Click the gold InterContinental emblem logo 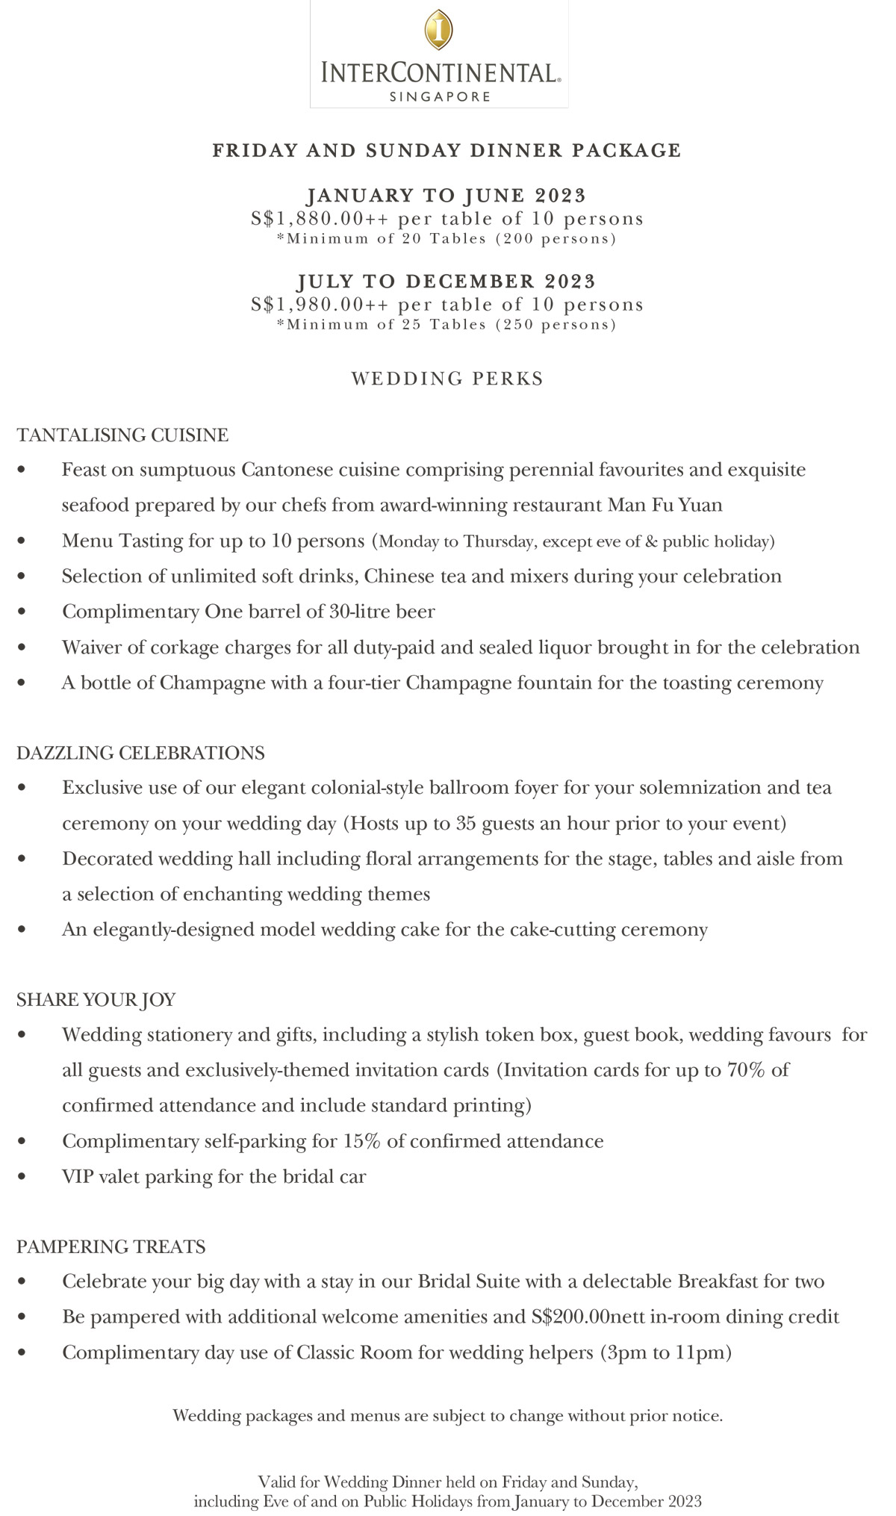coord(438,30)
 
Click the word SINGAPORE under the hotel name coord(440,96)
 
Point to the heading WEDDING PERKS coord(447,379)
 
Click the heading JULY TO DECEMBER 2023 coord(447,282)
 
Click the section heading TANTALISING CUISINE coord(122,435)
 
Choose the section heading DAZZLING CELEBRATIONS coord(140,753)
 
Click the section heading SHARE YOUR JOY coord(96,999)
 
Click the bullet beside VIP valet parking coord(22,1177)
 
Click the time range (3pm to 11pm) coord(665,1352)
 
